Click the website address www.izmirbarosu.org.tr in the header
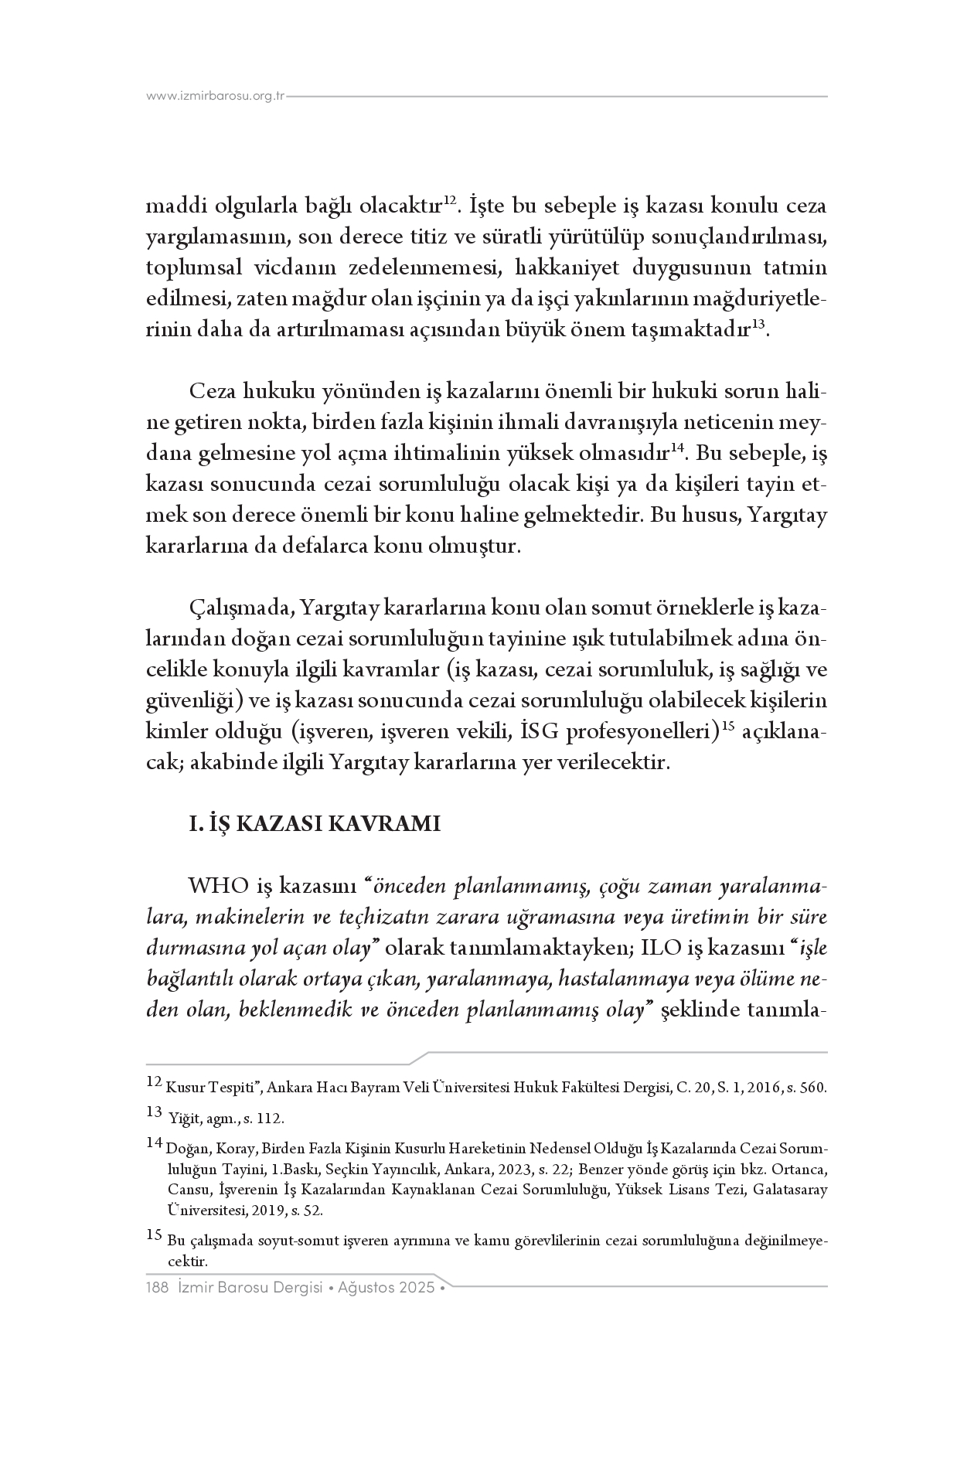point(216,97)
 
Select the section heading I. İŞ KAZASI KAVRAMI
point(315,824)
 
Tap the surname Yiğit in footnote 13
point(183,1119)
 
